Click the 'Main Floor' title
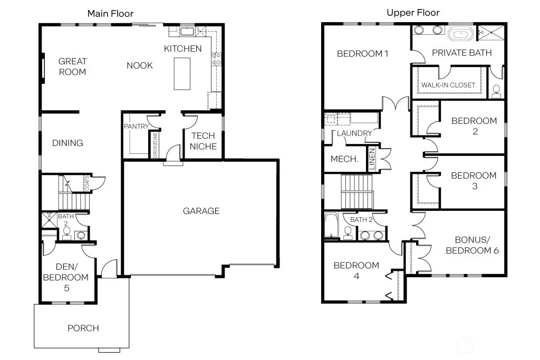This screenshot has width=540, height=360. (110, 13)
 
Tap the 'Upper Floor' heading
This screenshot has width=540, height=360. (413, 13)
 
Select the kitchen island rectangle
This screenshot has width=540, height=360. (182, 74)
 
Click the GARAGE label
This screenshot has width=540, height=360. (201, 211)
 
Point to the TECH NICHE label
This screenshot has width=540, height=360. (203, 141)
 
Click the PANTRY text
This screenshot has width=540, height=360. (136, 127)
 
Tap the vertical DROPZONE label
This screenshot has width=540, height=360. (155, 145)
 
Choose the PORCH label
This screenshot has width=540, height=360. (83, 328)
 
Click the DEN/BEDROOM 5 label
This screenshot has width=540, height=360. (66, 277)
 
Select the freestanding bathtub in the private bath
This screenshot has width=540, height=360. (461, 34)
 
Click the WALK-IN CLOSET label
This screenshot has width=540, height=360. (448, 85)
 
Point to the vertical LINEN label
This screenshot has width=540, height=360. (372, 159)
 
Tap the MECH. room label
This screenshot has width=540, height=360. (344, 159)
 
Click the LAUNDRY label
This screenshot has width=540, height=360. (354, 133)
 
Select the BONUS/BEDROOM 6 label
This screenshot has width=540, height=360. (472, 245)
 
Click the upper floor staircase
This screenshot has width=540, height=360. (357, 192)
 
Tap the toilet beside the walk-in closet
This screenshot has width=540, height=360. (496, 91)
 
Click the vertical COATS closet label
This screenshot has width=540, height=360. (87, 183)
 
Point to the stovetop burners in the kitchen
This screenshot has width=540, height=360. (216, 59)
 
